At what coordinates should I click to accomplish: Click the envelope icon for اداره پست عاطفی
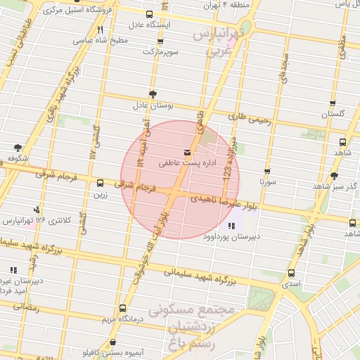tap(186, 153)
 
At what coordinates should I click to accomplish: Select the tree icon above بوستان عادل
tap(153, 95)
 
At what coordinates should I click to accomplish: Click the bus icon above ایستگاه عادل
tap(149, 14)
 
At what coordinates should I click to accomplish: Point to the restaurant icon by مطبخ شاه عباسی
tap(101, 30)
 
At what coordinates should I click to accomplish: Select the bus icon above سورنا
tap(267, 171)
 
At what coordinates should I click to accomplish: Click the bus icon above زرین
tap(99, 184)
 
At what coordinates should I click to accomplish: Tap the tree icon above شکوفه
tap(18, 148)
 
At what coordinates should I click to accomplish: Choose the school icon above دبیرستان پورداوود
tap(231, 226)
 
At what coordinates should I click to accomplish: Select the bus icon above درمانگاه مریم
tap(123, 308)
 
